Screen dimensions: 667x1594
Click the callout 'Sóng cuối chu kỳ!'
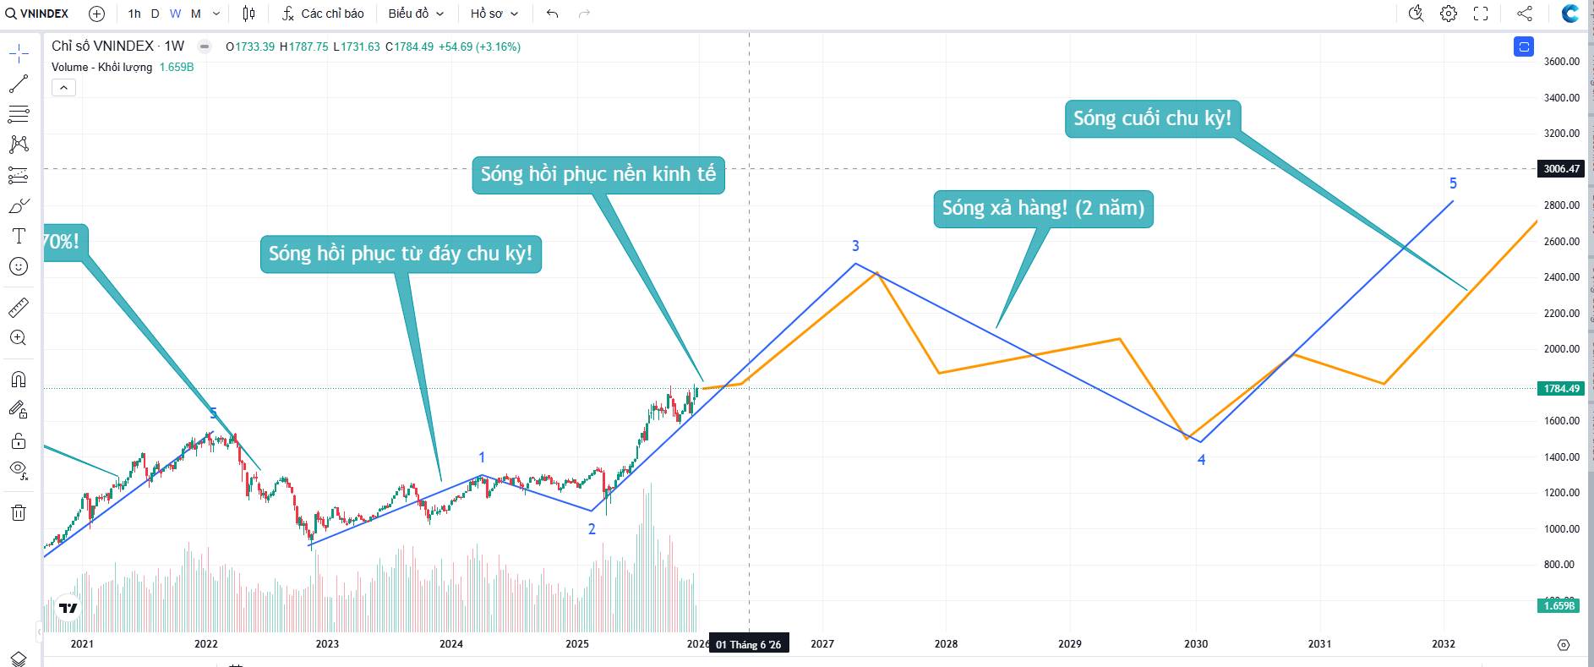[1152, 118]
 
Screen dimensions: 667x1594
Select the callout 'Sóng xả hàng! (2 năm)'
[1043, 208]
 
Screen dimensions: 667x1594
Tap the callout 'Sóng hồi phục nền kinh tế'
[598, 174]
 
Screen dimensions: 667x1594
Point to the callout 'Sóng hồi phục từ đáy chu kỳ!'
[401, 254]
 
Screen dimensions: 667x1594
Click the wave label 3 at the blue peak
[855, 246]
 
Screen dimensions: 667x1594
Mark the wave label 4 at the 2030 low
[1201, 460]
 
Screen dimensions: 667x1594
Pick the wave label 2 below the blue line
[592, 529]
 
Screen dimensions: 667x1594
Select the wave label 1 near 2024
[482, 457]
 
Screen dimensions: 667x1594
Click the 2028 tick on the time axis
[946, 644]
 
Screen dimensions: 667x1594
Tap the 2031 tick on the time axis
[1319, 644]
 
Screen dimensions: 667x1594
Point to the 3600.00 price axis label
[1561, 62]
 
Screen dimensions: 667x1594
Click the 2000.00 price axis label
[1561, 349]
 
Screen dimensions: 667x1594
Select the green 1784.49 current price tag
[1561, 389]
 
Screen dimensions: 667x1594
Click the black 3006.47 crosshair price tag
[1561, 169]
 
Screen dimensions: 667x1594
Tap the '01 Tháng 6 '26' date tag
[748, 645]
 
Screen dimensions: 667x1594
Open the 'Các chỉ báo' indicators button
[323, 14]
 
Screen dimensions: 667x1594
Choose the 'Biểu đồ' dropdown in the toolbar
[416, 14]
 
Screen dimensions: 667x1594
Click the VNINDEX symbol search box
[37, 14]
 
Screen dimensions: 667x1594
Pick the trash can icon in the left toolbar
[19, 512]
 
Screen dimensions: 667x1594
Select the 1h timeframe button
[134, 14]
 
